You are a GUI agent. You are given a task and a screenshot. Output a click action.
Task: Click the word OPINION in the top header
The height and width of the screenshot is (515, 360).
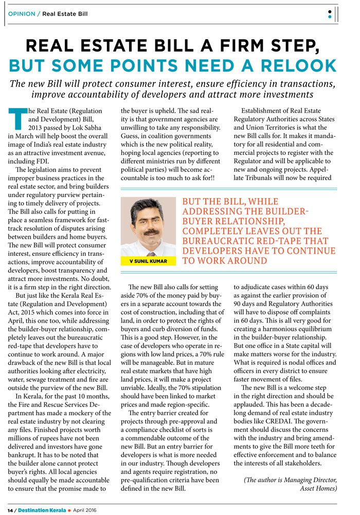pyautogui.click(x=22, y=14)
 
